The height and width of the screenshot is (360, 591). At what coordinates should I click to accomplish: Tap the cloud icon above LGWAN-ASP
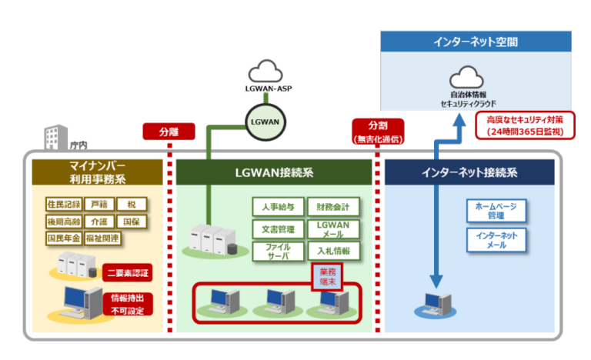click(x=265, y=72)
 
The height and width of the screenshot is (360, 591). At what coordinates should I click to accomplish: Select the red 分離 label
click(x=168, y=132)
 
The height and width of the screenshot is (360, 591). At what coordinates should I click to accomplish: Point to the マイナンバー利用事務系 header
click(x=96, y=172)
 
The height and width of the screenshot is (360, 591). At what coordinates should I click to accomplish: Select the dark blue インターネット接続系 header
click(x=469, y=172)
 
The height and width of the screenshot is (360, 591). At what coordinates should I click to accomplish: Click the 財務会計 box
click(x=332, y=207)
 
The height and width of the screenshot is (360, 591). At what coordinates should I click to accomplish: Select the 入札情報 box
click(x=332, y=251)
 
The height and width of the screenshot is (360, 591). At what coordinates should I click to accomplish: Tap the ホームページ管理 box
click(x=496, y=211)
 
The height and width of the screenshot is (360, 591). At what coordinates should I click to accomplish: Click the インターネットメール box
click(x=496, y=239)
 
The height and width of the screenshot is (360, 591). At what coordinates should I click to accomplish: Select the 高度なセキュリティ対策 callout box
click(x=520, y=125)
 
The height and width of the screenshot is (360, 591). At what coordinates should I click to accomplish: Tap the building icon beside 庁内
click(x=52, y=139)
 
